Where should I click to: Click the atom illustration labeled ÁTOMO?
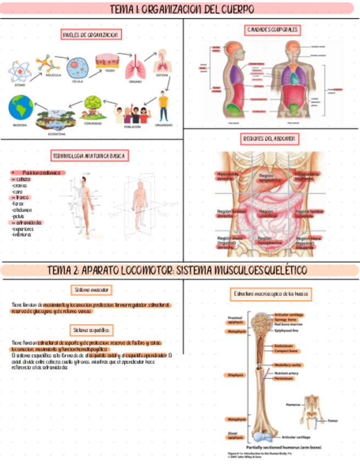[x=20, y=72]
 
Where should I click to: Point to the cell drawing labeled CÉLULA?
[x=77, y=69]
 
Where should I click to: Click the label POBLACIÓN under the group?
[x=132, y=126]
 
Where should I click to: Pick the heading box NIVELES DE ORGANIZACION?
[x=92, y=35]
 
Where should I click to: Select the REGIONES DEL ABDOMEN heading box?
[x=269, y=139]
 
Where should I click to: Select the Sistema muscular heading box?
[x=92, y=290]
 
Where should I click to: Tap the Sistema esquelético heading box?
[x=92, y=330]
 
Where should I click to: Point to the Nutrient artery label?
[x=286, y=373]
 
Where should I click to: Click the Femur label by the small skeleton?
[x=333, y=421]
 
